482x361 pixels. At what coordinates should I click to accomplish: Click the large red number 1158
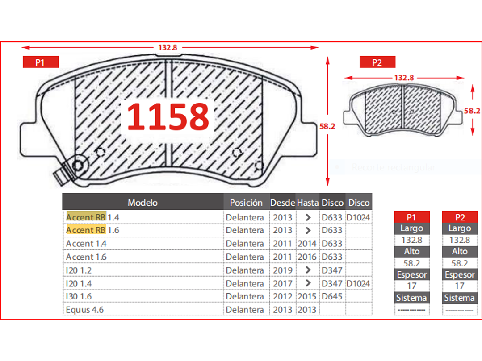point(168,116)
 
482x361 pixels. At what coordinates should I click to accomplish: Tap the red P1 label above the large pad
point(40,62)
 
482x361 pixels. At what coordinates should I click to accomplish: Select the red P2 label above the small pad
point(377,62)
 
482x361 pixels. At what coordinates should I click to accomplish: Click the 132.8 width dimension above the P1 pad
point(168,47)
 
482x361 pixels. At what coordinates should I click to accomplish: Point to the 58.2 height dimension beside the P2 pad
point(472,111)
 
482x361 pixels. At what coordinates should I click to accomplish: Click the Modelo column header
point(143,203)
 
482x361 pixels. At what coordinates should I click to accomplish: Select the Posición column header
point(246,203)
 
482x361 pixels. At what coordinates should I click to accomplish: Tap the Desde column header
point(282,203)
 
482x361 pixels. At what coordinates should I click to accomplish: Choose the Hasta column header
point(308,203)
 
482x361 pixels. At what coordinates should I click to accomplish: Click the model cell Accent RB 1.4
point(92,217)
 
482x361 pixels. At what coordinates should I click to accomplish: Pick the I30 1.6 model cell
point(80,296)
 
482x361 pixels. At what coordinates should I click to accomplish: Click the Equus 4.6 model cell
point(84,309)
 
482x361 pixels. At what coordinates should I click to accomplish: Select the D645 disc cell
point(332,296)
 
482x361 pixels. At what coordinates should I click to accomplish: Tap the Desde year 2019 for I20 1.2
point(282,270)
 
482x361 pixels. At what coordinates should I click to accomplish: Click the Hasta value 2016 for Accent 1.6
point(308,257)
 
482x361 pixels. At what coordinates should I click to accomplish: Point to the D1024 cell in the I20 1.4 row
point(358,283)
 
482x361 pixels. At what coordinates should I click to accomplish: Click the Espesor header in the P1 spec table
point(411,275)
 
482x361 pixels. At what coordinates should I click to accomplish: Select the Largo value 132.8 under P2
point(460,240)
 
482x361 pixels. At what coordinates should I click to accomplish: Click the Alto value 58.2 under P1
point(411,263)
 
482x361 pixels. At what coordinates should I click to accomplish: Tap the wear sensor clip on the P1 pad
point(63,175)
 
